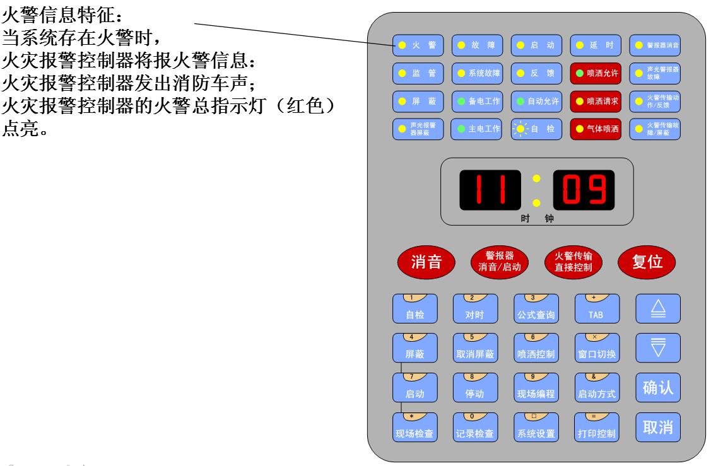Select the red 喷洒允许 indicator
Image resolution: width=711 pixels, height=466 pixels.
596,73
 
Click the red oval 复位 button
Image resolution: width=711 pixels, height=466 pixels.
646,263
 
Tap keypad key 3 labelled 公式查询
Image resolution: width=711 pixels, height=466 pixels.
536,309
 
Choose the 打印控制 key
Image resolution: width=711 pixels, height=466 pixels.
596,428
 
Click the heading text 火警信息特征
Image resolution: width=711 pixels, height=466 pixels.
38,11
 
